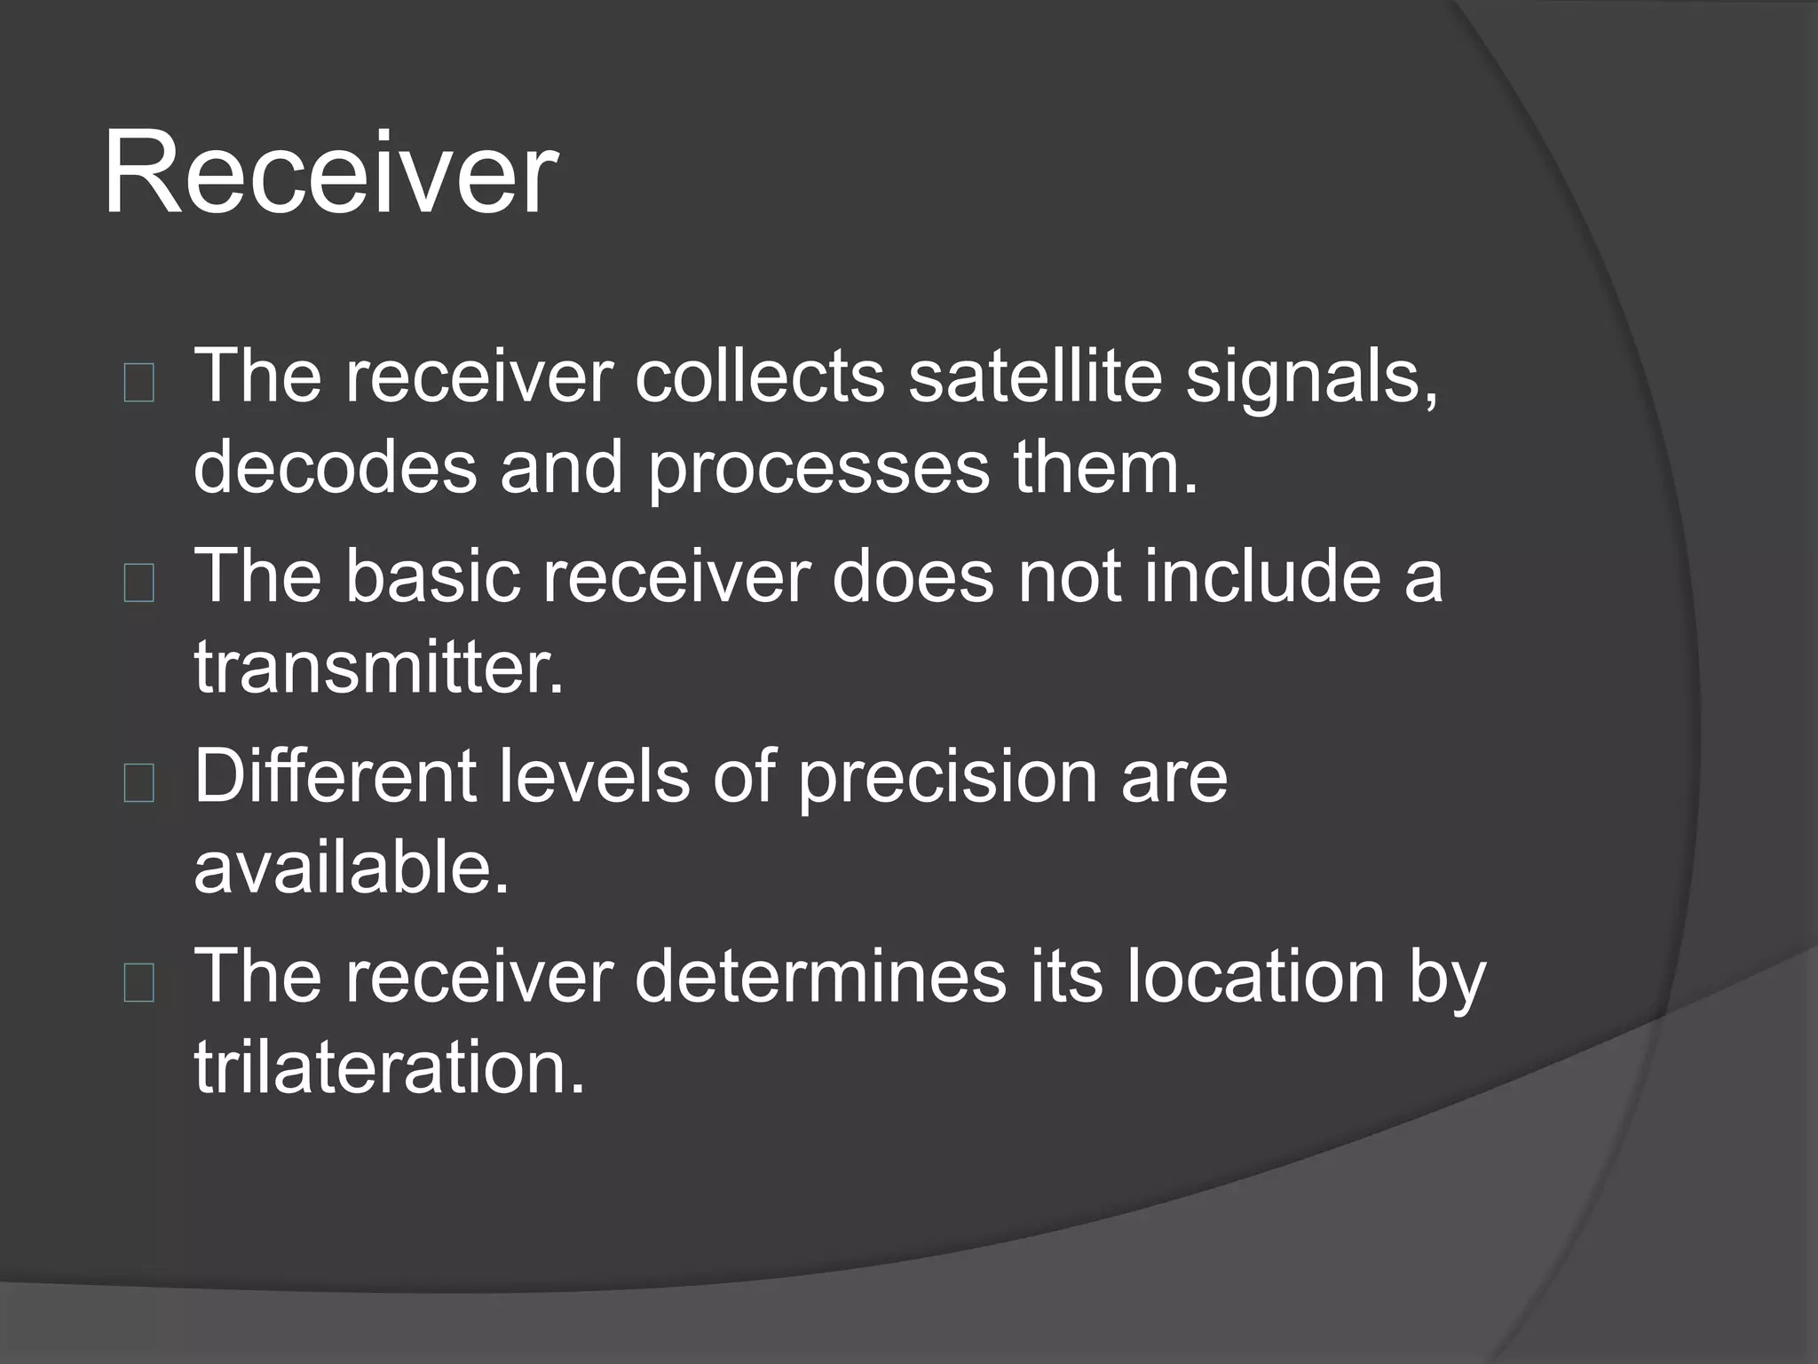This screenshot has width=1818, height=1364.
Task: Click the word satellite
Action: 1035,376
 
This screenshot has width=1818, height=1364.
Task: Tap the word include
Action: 1262,576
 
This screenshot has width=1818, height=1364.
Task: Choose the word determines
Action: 820,976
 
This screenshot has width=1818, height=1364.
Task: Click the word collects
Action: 760,376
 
